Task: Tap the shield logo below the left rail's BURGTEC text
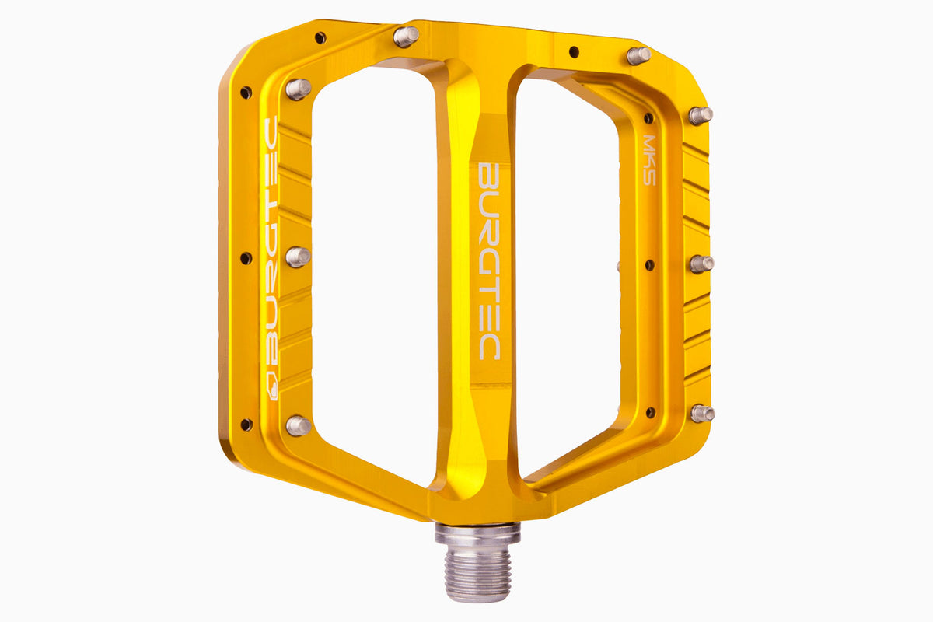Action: click(271, 387)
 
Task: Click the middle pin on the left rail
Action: click(298, 256)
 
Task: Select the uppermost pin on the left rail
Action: click(298, 88)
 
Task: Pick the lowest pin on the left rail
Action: click(299, 425)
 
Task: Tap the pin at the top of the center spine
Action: click(405, 36)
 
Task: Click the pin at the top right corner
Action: click(638, 55)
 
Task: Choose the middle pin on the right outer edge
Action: click(701, 264)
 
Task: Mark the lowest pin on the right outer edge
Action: click(702, 413)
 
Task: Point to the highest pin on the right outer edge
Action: click(700, 115)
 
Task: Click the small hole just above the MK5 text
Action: click(648, 119)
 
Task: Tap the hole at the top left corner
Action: click(320, 37)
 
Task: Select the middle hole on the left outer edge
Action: click(246, 258)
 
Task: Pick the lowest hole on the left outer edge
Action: click(246, 425)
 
